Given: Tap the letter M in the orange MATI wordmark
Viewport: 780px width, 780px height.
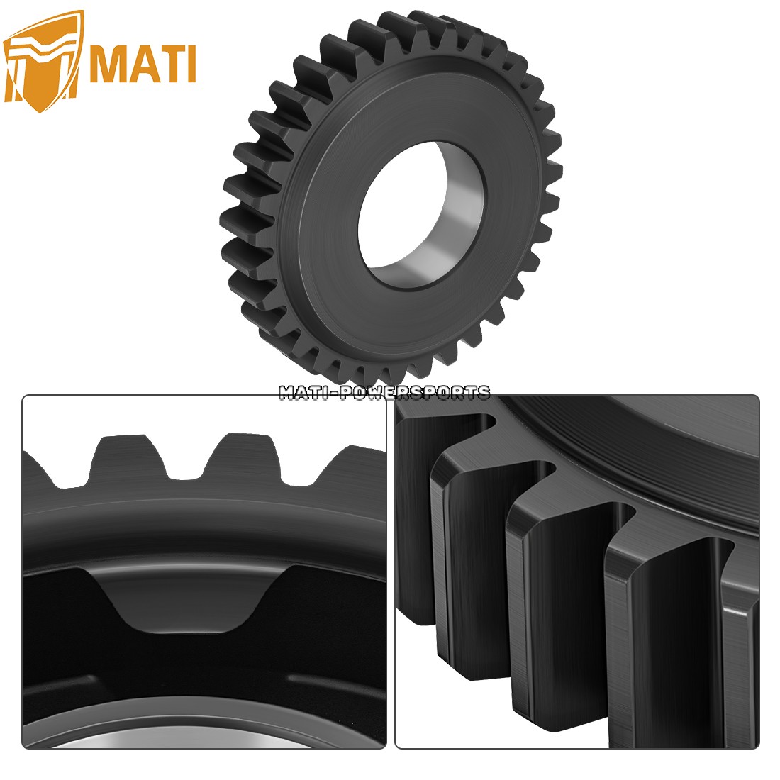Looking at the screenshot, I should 112,65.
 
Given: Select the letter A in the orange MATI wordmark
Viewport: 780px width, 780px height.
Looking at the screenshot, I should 145,65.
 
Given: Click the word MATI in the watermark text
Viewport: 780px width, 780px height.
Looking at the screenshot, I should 306,392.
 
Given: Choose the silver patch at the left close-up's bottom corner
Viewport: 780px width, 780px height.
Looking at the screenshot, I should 85,737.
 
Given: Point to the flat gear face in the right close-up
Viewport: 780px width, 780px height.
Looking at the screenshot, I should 638,440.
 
